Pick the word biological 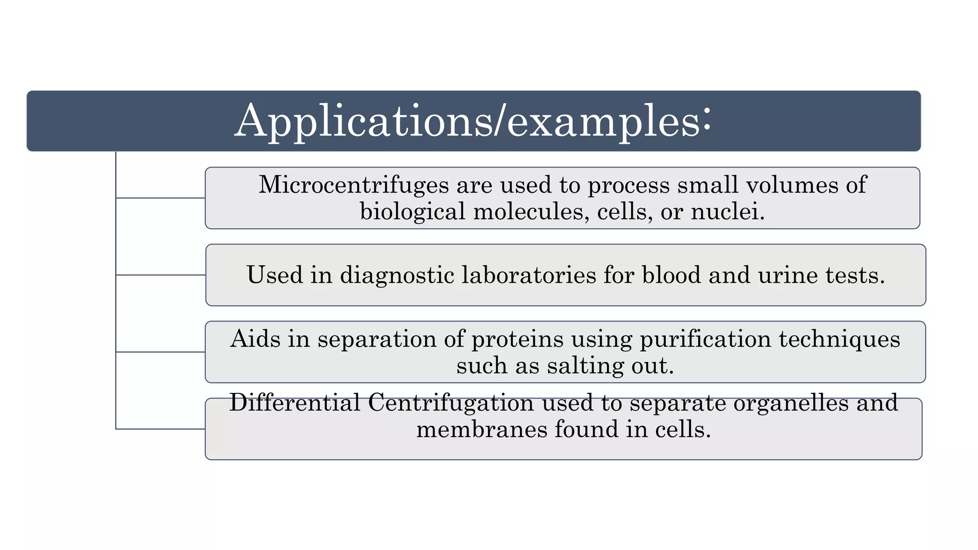coord(412,212)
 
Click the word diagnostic coord(396,275)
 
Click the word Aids coord(255,339)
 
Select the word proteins coord(518,339)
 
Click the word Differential coord(294,402)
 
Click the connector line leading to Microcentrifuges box coord(160,198)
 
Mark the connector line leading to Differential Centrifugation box coord(160,429)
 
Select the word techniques coord(839,339)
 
